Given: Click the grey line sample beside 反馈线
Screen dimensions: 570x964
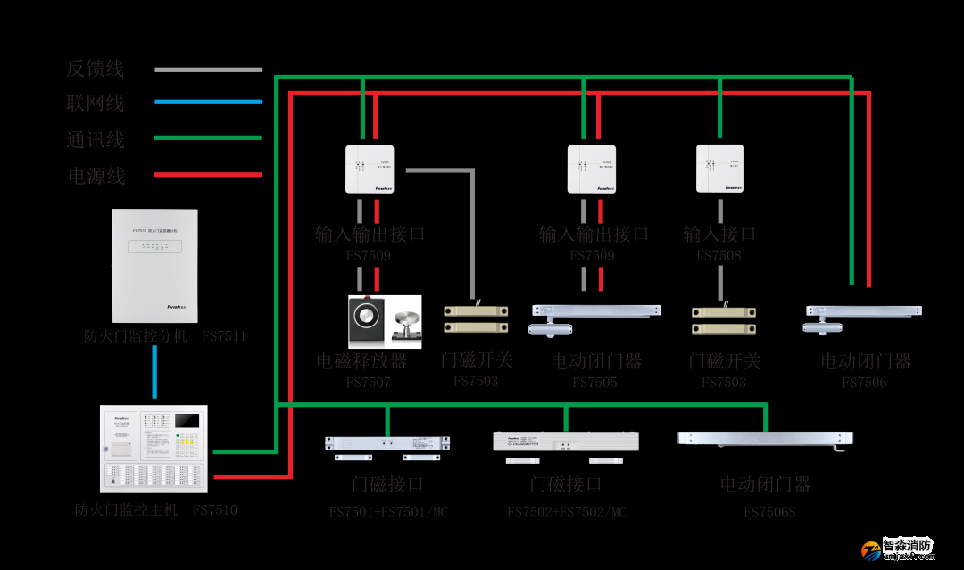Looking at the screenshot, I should tap(208, 70).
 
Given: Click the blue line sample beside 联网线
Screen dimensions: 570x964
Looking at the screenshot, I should tap(208, 103).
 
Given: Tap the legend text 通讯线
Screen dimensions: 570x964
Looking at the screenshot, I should tap(96, 140).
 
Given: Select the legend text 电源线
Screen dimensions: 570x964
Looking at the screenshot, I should tap(96, 176).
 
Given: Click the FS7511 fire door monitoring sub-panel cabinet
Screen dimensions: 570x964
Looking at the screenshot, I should tap(154, 266).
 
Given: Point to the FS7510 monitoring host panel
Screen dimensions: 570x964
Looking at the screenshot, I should tap(154, 450).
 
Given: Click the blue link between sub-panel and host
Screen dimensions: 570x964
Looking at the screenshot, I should tap(154, 371).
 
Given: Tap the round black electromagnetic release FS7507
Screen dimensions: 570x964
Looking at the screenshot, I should tap(367, 319).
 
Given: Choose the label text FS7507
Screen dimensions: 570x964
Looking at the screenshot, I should tap(368, 383).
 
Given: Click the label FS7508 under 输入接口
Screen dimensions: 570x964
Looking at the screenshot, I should tap(719, 256).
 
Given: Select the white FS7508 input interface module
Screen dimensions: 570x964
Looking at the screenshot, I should tap(719, 169).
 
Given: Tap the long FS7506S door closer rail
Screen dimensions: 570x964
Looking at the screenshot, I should tap(765, 439).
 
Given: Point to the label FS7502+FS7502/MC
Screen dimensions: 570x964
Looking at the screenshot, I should tap(567, 512).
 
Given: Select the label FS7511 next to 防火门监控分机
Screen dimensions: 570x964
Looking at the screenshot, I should tap(223, 337).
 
